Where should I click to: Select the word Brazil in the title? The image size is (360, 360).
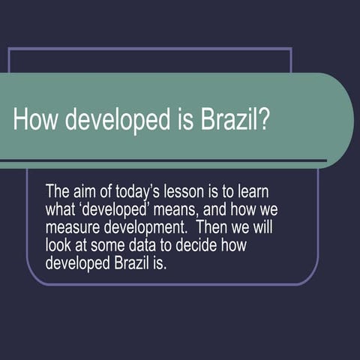tap(229, 120)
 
